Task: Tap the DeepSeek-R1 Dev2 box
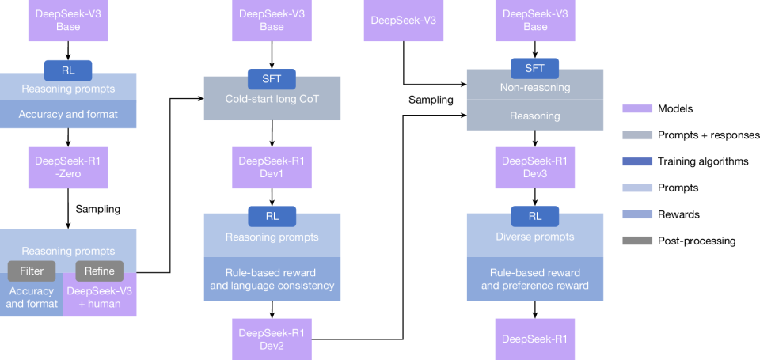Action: [272, 337]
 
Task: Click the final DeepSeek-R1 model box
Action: [535, 339]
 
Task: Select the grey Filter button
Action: [32, 271]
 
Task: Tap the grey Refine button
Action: [100, 271]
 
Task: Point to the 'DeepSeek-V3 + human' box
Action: [100, 297]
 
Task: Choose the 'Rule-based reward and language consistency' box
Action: [272, 279]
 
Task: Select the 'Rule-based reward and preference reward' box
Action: [535, 279]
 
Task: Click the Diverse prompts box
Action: [535, 237]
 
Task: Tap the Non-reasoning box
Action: [535, 88]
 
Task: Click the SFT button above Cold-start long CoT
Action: [272, 78]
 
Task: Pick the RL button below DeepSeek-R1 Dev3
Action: [535, 216]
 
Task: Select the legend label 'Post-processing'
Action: [696, 241]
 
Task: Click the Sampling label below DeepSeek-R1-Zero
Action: [98, 210]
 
